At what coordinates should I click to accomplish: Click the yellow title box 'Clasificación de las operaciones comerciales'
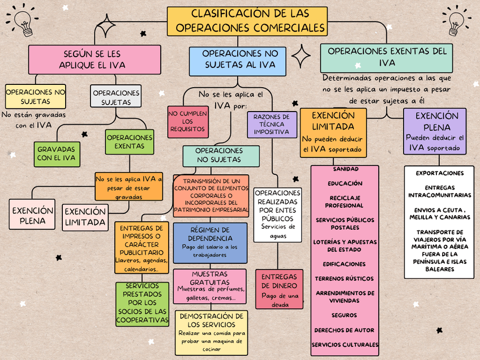coord(247,21)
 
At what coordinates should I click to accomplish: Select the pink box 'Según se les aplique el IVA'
coord(92,59)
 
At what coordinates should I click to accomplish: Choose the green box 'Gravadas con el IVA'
coord(57,153)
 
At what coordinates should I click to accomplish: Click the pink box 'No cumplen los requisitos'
coord(188,121)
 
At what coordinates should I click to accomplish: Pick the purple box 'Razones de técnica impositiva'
coord(272,125)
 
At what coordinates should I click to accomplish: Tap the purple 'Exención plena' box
coord(435,131)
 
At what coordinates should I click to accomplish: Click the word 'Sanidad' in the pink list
coord(345,169)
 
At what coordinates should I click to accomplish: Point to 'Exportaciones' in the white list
coord(439,173)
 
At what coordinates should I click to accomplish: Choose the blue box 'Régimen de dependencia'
coord(210,242)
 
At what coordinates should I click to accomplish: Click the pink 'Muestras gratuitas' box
coord(210,285)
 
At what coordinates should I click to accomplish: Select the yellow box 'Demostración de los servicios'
coord(211,332)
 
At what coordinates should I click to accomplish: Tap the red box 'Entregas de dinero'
coord(279,289)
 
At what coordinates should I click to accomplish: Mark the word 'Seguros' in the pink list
coord(344,315)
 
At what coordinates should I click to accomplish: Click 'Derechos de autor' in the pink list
coord(344,330)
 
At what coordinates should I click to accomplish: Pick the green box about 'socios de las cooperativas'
coord(143,304)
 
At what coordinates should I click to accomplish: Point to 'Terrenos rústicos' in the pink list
coord(344,279)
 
